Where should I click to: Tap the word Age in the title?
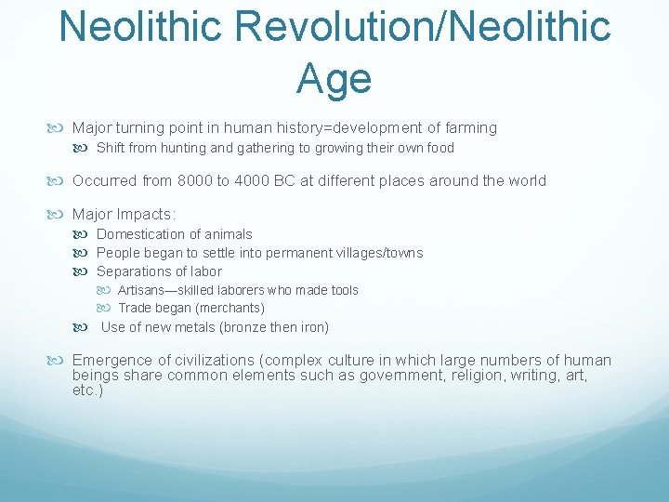(x=334, y=78)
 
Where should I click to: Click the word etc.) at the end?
(x=87, y=390)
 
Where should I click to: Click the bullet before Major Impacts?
(x=61, y=215)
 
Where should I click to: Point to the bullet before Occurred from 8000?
(x=61, y=180)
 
